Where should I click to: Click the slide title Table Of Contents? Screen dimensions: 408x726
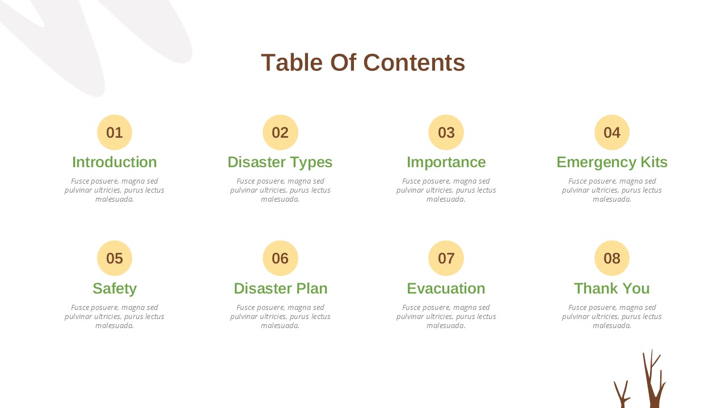(x=363, y=62)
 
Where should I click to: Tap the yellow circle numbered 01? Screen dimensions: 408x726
(x=115, y=133)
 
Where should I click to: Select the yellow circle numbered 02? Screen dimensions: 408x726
(x=280, y=133)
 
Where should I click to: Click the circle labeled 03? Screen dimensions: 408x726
(x=446, y=133)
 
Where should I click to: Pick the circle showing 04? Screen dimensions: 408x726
(x=611, y=133)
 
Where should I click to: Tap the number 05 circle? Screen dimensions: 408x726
(x=115, y=258)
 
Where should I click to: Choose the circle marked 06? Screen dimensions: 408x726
(x=280, y=258)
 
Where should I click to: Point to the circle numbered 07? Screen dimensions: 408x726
(x=446, y=258)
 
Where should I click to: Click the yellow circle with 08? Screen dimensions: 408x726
(x=611, y=258)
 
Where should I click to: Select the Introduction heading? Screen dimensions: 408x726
(x=115, y=162)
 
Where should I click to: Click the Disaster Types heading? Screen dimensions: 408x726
(x=280, y=162)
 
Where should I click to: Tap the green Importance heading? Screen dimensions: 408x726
(x=446, y=162)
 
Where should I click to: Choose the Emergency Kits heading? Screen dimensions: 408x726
(x=611, y=162)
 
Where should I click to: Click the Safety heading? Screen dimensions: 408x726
(x=115, y=288)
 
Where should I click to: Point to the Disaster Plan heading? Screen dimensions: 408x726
(x=280, y=288)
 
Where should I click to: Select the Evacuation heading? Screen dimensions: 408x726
(x=446, y=288)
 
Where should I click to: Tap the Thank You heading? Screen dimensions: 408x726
(x=611, y=288)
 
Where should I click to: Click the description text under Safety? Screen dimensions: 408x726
(x=115, y=316)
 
